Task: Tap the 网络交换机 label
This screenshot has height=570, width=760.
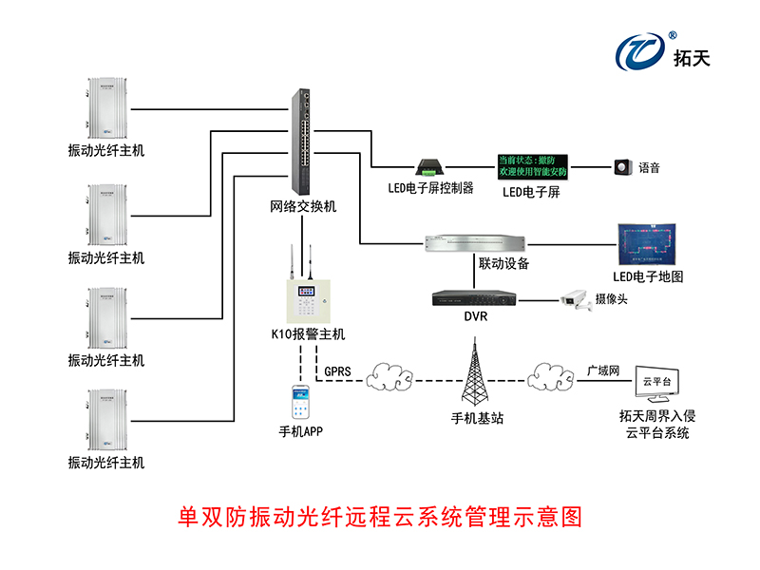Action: click(x=303, y=206)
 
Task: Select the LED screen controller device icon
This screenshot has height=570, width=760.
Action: click(x=429, y=166)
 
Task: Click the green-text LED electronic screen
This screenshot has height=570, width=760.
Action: click(x=532, y=166)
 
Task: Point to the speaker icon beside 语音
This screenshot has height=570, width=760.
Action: click(x=623, y=167)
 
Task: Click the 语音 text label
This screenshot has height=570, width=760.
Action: click(x=650, y=168)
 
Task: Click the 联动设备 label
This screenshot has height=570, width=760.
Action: click(x=504, y=263)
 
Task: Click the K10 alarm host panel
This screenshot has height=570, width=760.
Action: click(x=307, y=300)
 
